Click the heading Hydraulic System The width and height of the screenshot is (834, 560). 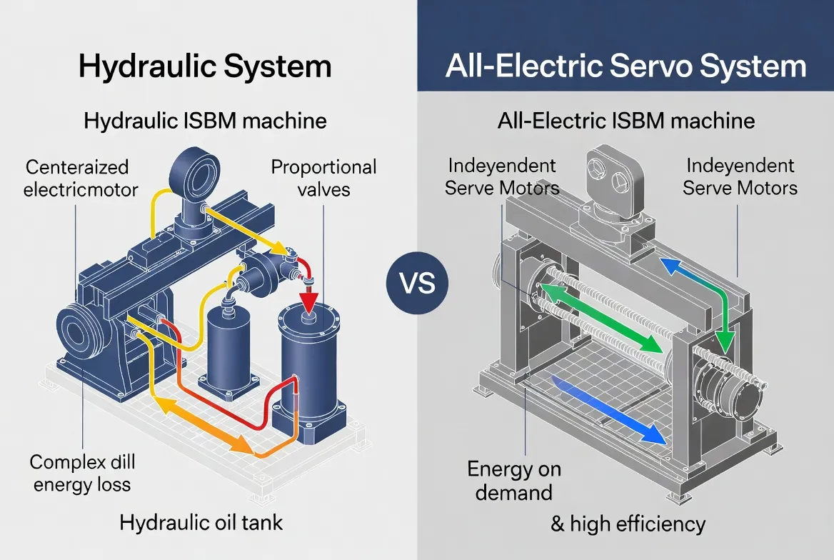coord(204,66)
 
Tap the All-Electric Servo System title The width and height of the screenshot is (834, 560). coord(625,66)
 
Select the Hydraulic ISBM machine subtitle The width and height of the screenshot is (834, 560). coord(205,120)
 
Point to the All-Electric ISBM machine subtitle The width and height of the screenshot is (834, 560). coord(625,120)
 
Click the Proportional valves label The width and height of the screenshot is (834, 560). coord(323,178)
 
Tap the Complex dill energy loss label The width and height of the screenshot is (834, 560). coord(82,473)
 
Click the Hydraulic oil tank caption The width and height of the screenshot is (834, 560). coord(201,522)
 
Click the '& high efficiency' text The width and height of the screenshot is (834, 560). coord(628,524)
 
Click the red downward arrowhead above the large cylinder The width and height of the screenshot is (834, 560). coord(309,299)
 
